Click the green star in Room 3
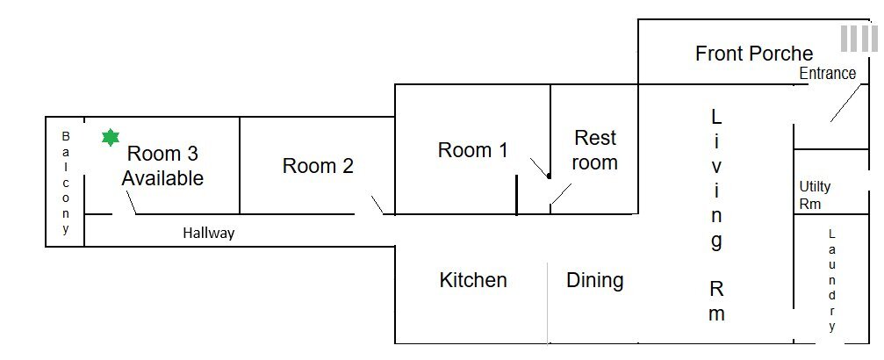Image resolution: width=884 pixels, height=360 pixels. point(111,138)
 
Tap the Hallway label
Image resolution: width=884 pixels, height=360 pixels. point(209,233)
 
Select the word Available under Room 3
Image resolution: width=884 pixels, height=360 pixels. point(162,178)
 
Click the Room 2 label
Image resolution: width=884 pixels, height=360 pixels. point(318,166)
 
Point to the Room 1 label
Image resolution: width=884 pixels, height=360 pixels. point(472,150)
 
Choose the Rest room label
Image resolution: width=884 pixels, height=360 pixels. point(595,149)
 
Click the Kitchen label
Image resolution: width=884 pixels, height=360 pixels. point(473,280)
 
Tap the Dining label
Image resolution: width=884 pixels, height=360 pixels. point(595,280)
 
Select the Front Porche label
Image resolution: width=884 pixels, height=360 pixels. point(754,54)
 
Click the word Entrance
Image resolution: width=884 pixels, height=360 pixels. point(828,74)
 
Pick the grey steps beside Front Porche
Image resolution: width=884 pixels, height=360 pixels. point(859,39)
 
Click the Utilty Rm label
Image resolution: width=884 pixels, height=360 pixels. point(815,195)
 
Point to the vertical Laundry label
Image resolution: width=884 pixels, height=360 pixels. point(832,280)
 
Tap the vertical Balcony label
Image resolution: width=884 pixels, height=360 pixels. point(66,183)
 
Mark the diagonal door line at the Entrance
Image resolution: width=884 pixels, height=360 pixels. point(846,104)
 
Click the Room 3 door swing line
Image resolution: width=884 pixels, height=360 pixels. point(131,203)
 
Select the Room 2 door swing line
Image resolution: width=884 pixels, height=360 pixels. point(377,205)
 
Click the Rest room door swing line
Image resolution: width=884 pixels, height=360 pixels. point(561,193)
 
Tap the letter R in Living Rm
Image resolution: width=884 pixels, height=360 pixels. point(716,290)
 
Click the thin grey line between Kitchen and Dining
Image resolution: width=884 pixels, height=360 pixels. point(548,302)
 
